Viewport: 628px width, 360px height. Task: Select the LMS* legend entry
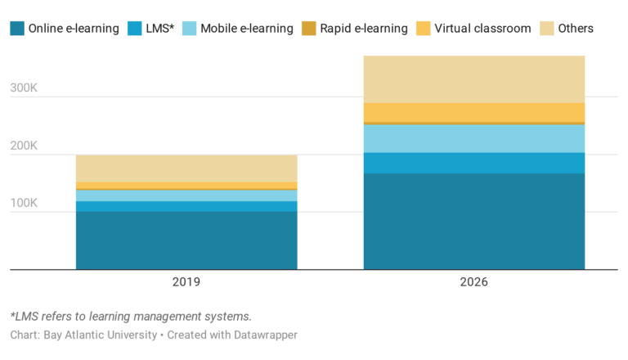click(x=159, y=29)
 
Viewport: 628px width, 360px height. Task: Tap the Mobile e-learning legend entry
click(x=244, y=29)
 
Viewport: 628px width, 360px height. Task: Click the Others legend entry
click(x=574, y=29)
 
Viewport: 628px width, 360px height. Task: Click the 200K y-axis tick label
click(x=24, y=146)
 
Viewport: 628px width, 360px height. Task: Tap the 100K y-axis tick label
click(x=24, y=203)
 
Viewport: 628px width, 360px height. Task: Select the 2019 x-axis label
click(x=186, y=281)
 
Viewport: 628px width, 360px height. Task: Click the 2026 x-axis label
click(x=474, y=281)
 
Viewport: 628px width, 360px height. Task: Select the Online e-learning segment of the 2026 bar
click(x=474, y=221)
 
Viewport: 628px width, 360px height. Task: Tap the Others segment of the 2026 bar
click(x=474, y=79)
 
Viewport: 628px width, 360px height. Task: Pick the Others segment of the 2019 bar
click(x=186, y=169)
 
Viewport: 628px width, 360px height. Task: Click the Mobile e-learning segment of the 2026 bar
click(x=474, y=138)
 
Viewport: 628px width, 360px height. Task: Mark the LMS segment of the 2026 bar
click(x=474, y=163)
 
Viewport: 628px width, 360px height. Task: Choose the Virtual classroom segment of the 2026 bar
click(x=474, y=112)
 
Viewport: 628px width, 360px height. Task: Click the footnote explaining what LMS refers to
click(x=130, y=317)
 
